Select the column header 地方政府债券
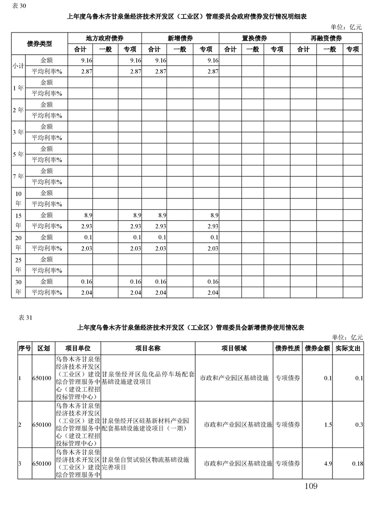point(105,38)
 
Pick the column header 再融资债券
point(326,38)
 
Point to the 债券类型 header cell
point(40,44)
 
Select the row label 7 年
point(18,176)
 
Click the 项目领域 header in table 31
point(234,348)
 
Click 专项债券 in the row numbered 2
point(288,425)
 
